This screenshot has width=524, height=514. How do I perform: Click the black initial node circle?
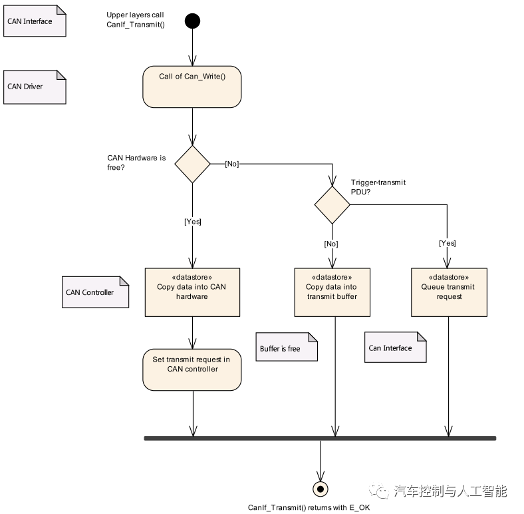(x=192, y=21)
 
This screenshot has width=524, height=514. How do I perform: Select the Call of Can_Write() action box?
(x=192, y=87)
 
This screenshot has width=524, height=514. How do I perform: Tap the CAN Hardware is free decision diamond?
(x=192, y=164)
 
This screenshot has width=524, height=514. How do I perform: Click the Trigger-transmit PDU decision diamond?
(x=332, y=205)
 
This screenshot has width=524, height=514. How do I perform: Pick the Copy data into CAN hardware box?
(x=192, y=292)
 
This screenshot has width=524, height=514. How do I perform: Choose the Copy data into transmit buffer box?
(x=332, y=292)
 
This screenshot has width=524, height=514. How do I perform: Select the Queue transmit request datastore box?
(x=449, y=292)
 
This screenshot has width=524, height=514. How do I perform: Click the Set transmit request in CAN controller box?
(x=192, y=369)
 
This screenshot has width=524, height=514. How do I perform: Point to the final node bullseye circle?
(x=321, y=489)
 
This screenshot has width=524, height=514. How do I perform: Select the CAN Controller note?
(x=95, y=292)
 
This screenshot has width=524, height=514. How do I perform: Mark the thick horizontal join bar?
(x=320, y=438)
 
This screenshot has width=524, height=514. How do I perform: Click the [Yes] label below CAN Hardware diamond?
(x=192, y=222)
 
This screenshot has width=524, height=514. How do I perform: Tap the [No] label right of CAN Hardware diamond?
(x=232, y=164)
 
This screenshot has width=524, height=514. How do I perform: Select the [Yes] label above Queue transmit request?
(x=448, y=243)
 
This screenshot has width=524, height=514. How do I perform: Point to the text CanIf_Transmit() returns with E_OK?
(x=309, y=507)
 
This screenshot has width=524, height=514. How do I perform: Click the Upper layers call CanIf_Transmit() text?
(x=136, y=20)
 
